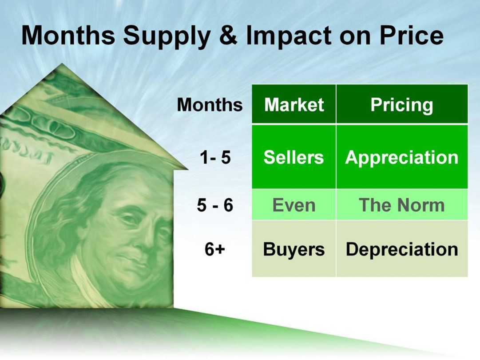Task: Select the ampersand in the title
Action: (228, 36)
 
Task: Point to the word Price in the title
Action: (412, 36)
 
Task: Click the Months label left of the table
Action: (210, 104)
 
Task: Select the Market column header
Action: (294, 104)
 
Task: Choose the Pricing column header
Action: (402, 105)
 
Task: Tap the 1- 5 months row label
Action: (215, 157)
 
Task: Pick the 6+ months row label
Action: (214, 249)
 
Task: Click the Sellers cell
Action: (294, 157)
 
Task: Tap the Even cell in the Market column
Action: (294, 204)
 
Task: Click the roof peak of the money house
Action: (62, 64)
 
